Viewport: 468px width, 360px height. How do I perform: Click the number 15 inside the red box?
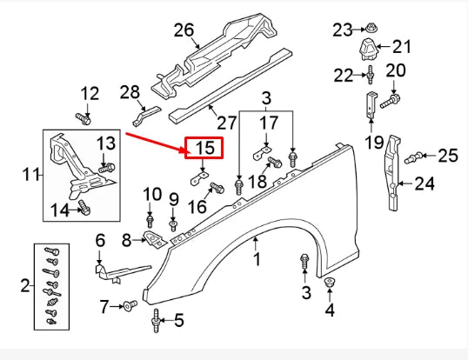coord(204,149)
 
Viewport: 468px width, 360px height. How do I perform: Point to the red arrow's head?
coord(184,152)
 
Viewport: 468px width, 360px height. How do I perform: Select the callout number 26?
coord(184,30)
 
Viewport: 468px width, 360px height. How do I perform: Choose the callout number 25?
coord(447,156)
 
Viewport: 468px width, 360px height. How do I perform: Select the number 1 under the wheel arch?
coord(257,258)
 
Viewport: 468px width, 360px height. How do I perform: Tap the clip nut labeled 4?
coord(331,284)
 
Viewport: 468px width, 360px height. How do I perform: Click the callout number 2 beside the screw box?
coord(23,284)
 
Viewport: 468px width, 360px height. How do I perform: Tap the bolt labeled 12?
coord(84,117)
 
